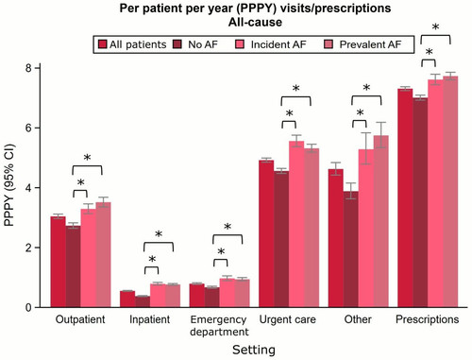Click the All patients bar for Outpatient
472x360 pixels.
pyautogui.click(x=59, y=262)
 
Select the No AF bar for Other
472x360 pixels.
pyautogui.click(x=351, y=249)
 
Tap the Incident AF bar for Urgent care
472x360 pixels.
pyautogui.click(x=296, y=224)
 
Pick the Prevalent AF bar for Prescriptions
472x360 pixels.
pyautogui.click(x=450, y=192)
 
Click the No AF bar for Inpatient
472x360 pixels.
pyautogui.click(x=143, y=301)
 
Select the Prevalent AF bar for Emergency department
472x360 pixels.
pyautogui.click(x=243, y=293)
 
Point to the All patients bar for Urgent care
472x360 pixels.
pyautogui.click(x=266, y=233)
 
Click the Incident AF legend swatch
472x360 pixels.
pyautogui.click(x=240, y=44)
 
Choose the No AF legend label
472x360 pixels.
pyautogui.click(x=203, y=44)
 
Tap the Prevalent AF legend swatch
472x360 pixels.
pyautogui.click(x=329, y=44)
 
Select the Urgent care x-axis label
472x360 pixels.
pyautogui.click(x=288, y=319)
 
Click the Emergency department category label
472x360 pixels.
pyautogui.click(x=219, y=325)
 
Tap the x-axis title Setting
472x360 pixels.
pyautogui.click(x=254, y=350)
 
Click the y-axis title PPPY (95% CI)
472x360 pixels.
pyautogui.click(x=9, y=185)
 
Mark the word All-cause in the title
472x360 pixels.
pyautogui.click(x=255, y=22)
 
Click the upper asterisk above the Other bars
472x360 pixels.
pyautogui.click(x=366, y=88)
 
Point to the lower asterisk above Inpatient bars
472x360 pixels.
pyautogui.click(x=152, y=259)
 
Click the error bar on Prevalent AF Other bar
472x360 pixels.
pyautogui.click(x=381, y=135)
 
